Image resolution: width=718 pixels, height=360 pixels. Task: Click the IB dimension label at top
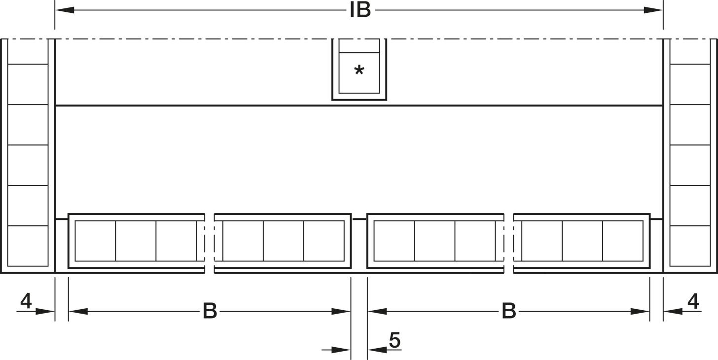[360, 10]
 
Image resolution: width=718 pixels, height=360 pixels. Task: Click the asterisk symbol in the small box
[359, 70]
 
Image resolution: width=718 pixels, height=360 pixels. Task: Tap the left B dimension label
[210, 311]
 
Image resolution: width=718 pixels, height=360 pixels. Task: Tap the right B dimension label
[509, 311]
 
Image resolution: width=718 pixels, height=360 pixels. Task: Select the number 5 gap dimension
[395, 340]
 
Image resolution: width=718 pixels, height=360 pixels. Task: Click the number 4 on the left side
[26, 301]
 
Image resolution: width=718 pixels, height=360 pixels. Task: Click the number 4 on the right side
[693, 301]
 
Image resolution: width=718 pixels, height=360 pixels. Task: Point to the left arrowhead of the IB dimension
[65, 10]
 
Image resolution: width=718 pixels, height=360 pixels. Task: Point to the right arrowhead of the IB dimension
[653, 10]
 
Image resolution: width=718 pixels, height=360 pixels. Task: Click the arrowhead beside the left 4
[45, 311]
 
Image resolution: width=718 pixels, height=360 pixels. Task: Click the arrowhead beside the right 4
[673, 311]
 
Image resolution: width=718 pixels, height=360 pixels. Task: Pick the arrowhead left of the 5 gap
[341, 350]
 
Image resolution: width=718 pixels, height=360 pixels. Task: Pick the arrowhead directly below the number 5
[377, 350]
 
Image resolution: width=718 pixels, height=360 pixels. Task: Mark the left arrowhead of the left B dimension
[78, 311]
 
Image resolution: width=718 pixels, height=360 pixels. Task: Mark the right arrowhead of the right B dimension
[640, 311]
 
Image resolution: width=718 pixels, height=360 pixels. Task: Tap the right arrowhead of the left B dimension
[341, 311]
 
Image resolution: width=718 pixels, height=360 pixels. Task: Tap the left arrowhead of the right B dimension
[377, 311]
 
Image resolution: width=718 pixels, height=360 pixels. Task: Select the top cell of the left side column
[28, 51]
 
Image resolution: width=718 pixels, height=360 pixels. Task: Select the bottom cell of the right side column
[690, 246]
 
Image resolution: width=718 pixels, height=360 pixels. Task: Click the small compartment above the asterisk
[359, 46]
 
